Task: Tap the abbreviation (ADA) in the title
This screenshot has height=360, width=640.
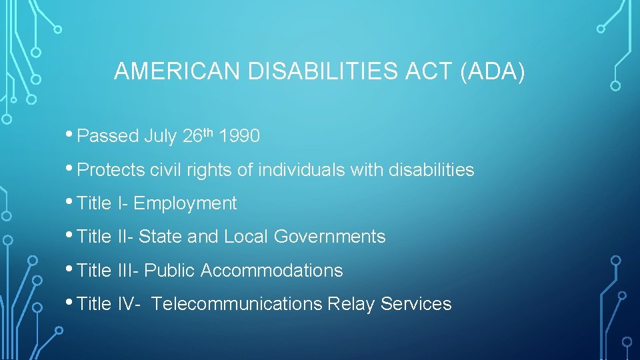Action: pyautogui.click(x=493, y=71)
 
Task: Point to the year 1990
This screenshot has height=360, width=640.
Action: pyautogui.click(x=239, y=137)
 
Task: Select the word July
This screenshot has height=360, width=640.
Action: pyautogui.click(x=160, y=137)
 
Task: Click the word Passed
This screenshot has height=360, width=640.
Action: pyautogui.click(x=107, y=137)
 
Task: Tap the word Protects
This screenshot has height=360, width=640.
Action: pyautogui.click(x=111, y=171)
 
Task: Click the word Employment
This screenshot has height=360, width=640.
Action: pyautogui.click(x=185, y=203)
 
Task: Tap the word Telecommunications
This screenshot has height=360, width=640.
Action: pyautogui.click(x=237, y=304)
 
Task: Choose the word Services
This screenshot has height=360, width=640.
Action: pyautogui.click(x=416, y=304)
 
